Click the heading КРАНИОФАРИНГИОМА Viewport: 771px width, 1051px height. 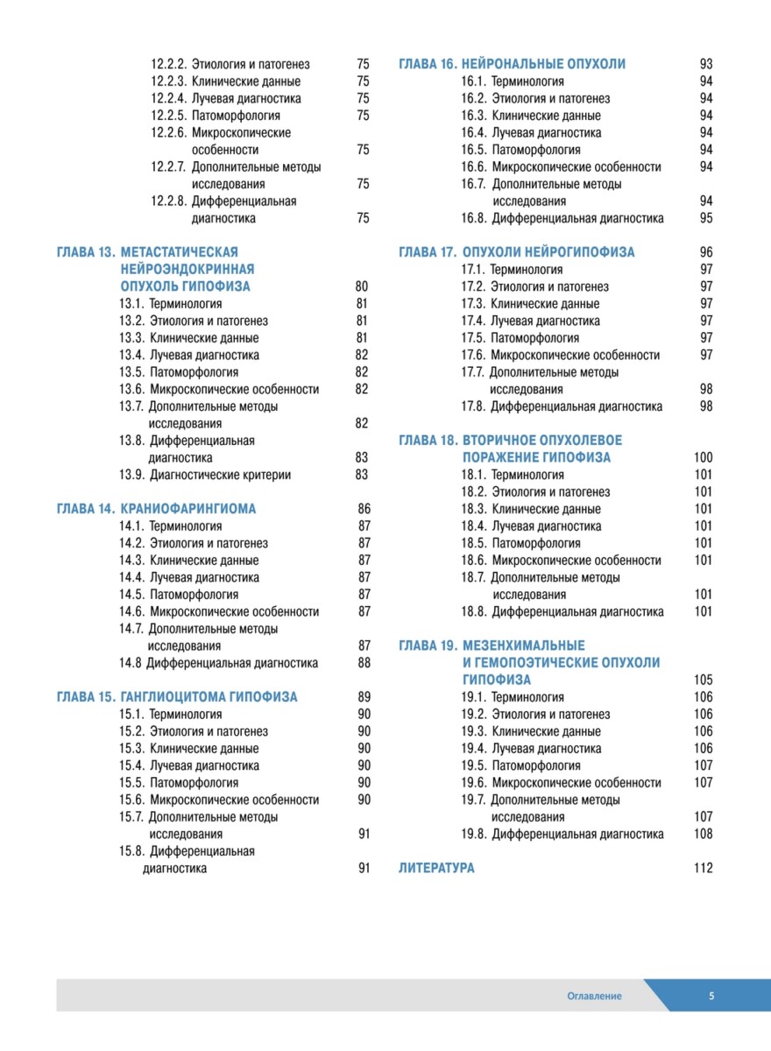(x=188, y=509)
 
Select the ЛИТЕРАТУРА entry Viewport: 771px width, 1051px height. (x=436, y=868)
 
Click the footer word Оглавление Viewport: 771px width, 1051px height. (x=594, y=996)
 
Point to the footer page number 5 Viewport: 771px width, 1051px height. (x=711, y=996)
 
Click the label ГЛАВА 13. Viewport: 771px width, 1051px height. (x=86, y=252)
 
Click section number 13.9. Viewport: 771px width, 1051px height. (x=131, y=475)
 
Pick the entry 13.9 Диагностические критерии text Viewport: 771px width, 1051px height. (x=220, y=475)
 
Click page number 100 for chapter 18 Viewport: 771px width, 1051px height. (x=703, y=457)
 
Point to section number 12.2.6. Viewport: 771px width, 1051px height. (x=168, y=132)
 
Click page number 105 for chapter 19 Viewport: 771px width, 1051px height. (x=703, y=680)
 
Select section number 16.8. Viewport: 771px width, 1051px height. (x=473, y=218)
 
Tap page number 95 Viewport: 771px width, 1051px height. (x=706, y=218)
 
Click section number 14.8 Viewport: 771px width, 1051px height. (x=130, y=663)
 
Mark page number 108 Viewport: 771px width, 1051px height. (x=703, y=834)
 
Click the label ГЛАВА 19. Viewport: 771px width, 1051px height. (x=428, y=645)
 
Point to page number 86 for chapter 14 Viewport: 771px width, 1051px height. (x=364, y=509)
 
